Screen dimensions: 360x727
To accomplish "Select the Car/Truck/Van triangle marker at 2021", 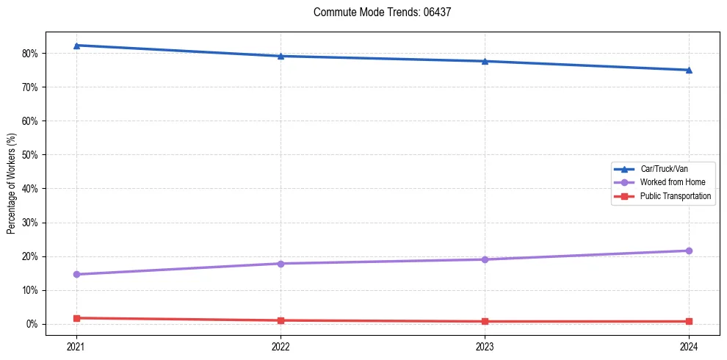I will (76, 46).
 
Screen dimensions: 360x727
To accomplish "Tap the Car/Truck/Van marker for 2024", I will (689, 70).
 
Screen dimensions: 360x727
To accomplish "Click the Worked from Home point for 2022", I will (281, 263).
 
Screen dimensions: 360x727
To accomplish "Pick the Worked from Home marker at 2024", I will (689, 251).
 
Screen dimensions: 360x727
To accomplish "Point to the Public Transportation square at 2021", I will (76, 318).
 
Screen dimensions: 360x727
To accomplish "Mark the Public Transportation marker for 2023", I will (485, 321).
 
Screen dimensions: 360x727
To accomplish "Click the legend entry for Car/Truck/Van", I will (664, 169).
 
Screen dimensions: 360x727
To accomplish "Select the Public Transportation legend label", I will (675, 196).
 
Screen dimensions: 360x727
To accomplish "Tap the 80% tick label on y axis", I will (31, 54).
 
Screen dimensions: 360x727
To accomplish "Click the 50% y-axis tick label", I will (31, 155).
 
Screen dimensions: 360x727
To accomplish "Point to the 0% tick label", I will (33, 324).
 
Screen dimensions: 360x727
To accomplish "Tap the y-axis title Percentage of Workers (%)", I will (12, 184).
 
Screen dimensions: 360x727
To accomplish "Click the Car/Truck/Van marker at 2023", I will (485, 61).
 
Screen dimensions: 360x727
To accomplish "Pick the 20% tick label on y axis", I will (31, 256).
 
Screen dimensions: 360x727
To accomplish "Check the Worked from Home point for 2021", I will (76, 274).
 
